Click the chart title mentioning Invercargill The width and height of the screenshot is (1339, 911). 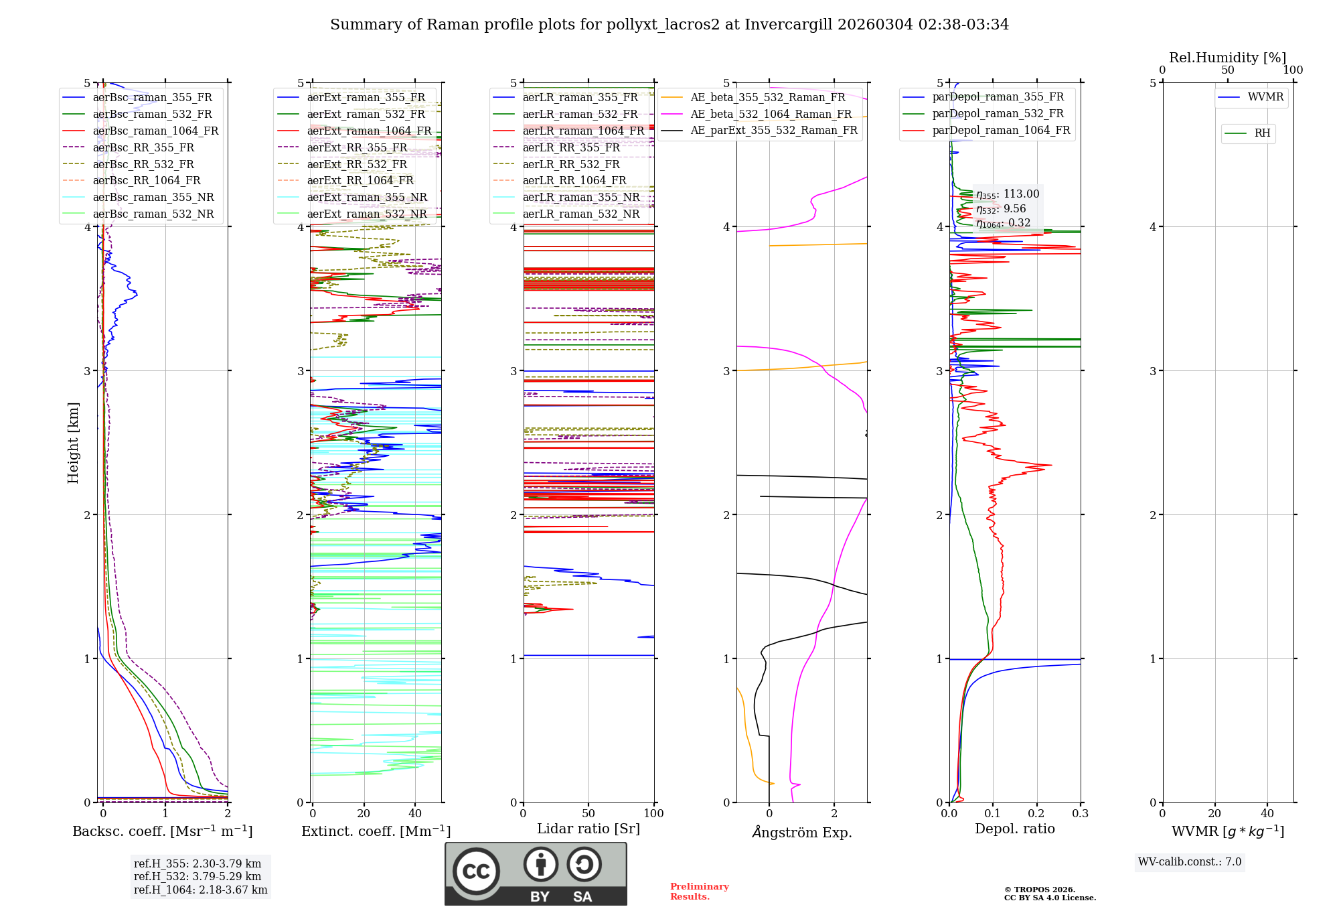pyautogui.click(x=669, y=25)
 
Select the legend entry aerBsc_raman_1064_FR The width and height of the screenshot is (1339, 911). pyautogui.click(x=155, y=131)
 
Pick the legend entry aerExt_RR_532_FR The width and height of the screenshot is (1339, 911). pyautogui.click(x=357, y=164)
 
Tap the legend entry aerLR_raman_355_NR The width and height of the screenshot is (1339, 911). pyautogui.click(x=580, y=197)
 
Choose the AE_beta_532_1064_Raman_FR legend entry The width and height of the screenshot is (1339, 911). pyautogui.click(x=771, y=114)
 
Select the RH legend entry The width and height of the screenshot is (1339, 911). pyautogui.click(x=1262, y=133)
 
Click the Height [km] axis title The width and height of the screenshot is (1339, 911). pyautogui.click(x=73, y=443)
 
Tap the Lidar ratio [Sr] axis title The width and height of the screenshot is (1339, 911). pyautogui.click(x=588, y=829)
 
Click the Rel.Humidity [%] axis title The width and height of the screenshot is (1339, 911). pyautogui.click(x=1227, y=58)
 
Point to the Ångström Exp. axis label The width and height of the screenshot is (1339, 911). pyautogui.click(x=801, y=833)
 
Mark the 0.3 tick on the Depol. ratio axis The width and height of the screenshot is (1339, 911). pyautogui.click(x=1080, y=814)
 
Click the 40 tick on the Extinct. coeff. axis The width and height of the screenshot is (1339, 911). pyautogui.click(x=415, y=814)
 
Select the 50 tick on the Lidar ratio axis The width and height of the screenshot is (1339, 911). pyautogui.click(x=588, y=814)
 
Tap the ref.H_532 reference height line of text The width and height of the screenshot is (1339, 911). pyautogui.click(x=198, y=876)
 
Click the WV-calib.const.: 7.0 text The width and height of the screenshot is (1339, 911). pyautogui.click(x=1190, y=862)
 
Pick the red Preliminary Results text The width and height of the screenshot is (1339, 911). pyautogui.click(x=699, y=892)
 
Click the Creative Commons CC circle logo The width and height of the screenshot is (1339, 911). pyautogui.click(x=476, y=871)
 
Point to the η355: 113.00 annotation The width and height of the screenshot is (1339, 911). pyautogui.click(x=1008, y=194)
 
